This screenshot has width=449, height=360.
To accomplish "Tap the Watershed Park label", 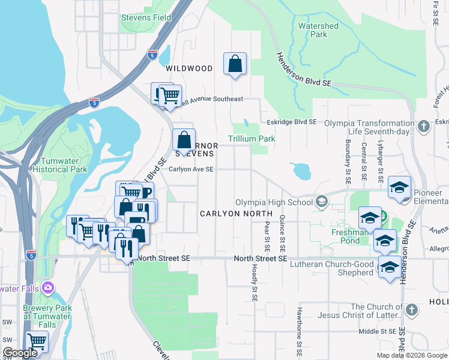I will pos(318,30).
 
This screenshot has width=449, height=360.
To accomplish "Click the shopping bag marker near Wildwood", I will pos(235,64).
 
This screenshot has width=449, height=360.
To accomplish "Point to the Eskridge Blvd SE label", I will pos(291,122).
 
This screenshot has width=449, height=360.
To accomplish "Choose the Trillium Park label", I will pos(252,139).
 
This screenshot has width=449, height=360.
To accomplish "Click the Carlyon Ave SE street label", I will pos(191,169).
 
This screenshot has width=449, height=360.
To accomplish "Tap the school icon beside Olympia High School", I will pos(322,202).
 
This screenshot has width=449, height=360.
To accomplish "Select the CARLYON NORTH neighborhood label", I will pos(236,213).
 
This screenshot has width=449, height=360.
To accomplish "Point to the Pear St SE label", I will pos(267,236).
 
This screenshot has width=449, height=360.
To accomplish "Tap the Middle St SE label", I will pos(376,331).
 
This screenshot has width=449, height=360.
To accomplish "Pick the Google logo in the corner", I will pos(20,353).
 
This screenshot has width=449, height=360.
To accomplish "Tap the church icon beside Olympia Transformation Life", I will pos(424,126).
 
